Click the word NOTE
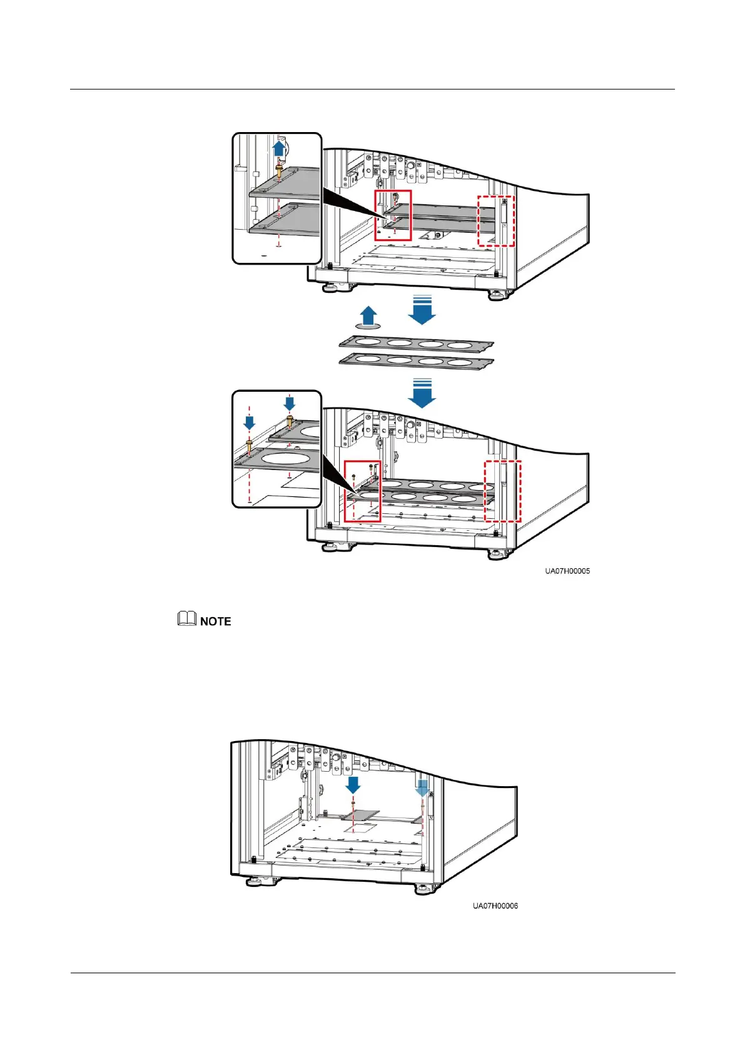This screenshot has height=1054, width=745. (x=215, y=622)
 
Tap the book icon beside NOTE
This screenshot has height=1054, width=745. (x=186, y=619)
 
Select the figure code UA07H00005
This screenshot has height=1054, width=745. (x=567, y=571)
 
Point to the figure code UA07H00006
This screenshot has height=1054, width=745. (x=495, y=906)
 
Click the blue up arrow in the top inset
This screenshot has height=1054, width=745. (x=279, y=148)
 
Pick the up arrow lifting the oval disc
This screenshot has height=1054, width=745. (x=369, y=315)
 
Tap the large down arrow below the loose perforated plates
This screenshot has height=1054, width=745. (x=422, y=394)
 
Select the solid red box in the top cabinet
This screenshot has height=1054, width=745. (x=393, y=215)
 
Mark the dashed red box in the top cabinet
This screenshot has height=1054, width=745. (x=495, y=220)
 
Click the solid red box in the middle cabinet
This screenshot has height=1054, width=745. (x=362, y=491)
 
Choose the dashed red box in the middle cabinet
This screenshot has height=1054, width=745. (x=503, y=491)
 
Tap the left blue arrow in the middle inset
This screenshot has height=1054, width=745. (x=249, y=422)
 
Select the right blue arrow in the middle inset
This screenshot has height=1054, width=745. (x=289, y=402)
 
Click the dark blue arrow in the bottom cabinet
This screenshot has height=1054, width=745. (x=353, y=784)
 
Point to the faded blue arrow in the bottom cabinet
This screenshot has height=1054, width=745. (x=422, y=787)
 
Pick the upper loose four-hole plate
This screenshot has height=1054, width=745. (x=416, y=344)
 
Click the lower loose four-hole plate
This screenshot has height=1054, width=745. (x=416, y=361)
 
